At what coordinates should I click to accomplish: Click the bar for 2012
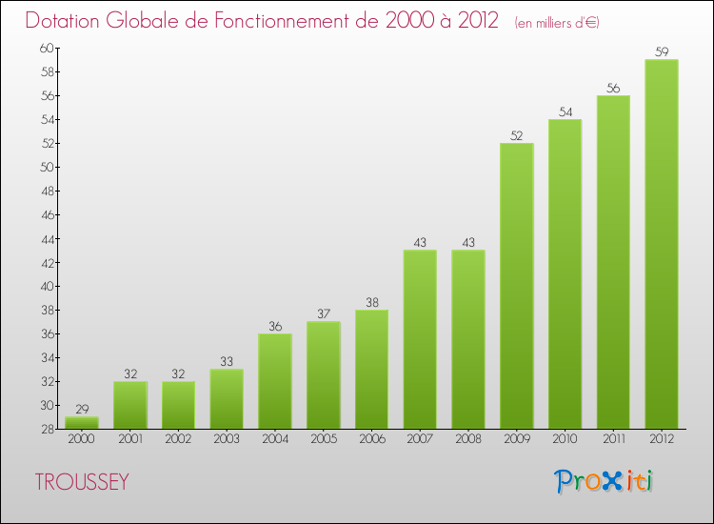[x=662, y=244]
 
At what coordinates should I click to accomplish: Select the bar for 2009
[x=517, y=286]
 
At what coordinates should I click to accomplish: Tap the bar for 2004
[x=275, y=381]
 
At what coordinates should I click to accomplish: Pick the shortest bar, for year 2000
[x=82, y=423]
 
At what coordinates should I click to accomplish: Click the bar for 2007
[x=420, y=339]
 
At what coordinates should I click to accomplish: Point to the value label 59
[x=662, y=52]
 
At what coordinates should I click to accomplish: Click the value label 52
[x=517, y=135]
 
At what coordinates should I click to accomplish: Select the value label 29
[x=82, y=409]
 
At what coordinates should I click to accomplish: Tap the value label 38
[x=371, y=302]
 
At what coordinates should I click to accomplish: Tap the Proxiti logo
[x=605, y=481]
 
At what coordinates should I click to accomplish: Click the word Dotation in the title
[x=67, y=20]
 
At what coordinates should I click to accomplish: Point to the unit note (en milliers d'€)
[x=557, y=22]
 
